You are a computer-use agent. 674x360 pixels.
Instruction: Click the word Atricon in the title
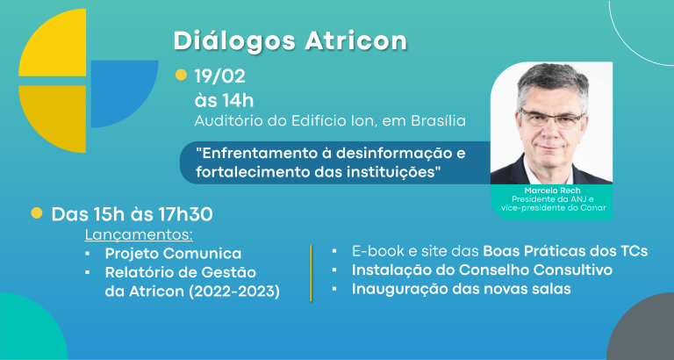tap(355, 41)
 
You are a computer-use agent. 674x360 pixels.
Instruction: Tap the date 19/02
tap(219, 76)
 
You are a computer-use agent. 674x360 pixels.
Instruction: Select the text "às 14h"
tap(224, 101)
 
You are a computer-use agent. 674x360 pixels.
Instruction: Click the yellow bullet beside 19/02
tap(181, 75)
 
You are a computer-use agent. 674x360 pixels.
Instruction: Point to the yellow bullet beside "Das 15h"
tap(37, 212)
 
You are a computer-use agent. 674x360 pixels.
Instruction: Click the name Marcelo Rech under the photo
tap(550, 191)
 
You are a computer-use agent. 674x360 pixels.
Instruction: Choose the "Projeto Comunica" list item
tap(173, 254)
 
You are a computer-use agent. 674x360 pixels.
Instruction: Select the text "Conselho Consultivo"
tap(535, 270)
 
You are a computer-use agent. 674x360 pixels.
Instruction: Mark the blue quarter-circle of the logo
tap(125, 94)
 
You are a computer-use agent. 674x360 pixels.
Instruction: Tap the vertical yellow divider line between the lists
tap(311, 273)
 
